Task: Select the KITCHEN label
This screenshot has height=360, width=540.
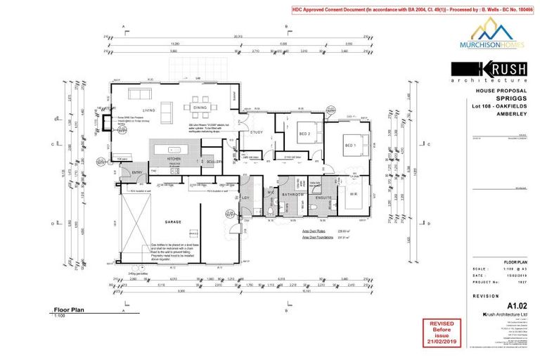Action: tap(174, 160)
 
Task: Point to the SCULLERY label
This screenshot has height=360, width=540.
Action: tap(214, 162)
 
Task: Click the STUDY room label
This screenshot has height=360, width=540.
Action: tap(257, 132)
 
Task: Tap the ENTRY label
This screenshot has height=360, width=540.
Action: tap(137, 173)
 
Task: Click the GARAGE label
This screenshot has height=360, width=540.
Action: tap(174, 222)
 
